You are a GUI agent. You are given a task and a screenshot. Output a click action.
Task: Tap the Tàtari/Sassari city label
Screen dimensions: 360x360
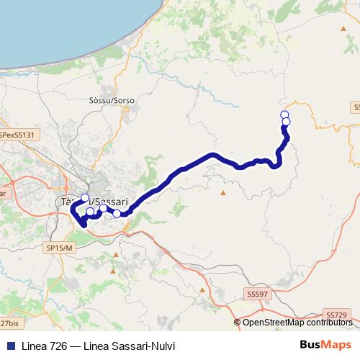click(x=93, y=203)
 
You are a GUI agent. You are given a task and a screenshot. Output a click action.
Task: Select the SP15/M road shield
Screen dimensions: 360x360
click(x=60, y=248)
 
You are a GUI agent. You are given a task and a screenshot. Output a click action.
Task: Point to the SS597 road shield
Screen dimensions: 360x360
click(x=257, y=294)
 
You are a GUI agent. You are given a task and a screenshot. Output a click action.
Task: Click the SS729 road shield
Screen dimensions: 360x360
click(x=336, y=315)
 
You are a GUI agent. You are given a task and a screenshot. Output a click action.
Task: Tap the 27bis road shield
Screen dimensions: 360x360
click(x=9, y=324)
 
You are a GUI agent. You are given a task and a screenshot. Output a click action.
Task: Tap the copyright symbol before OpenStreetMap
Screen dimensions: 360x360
click(x=238, y=323)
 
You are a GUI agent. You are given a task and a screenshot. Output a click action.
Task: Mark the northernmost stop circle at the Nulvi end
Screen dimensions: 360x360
click(x=284, y=115)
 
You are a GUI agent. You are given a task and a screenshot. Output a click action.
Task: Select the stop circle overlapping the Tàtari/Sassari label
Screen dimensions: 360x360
click(x=84, y=198)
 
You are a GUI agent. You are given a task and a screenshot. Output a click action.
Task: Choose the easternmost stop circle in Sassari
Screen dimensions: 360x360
click(x=117, y=213)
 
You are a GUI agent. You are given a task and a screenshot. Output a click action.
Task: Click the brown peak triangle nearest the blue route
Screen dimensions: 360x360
click(x=223, y=192)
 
